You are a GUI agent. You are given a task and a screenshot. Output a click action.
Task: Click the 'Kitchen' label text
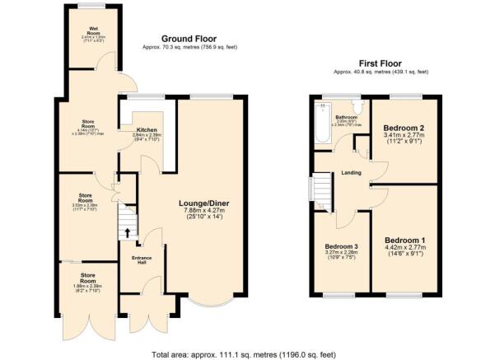(x=136, y=129)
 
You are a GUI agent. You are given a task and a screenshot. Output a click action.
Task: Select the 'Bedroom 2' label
(x=403, y=129)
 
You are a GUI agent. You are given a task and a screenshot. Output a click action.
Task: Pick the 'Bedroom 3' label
(x=340, y=247)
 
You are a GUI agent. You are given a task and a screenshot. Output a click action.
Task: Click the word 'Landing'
(x=343, y=173)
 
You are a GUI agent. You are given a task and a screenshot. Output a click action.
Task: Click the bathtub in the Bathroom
(x=320, y=124)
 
